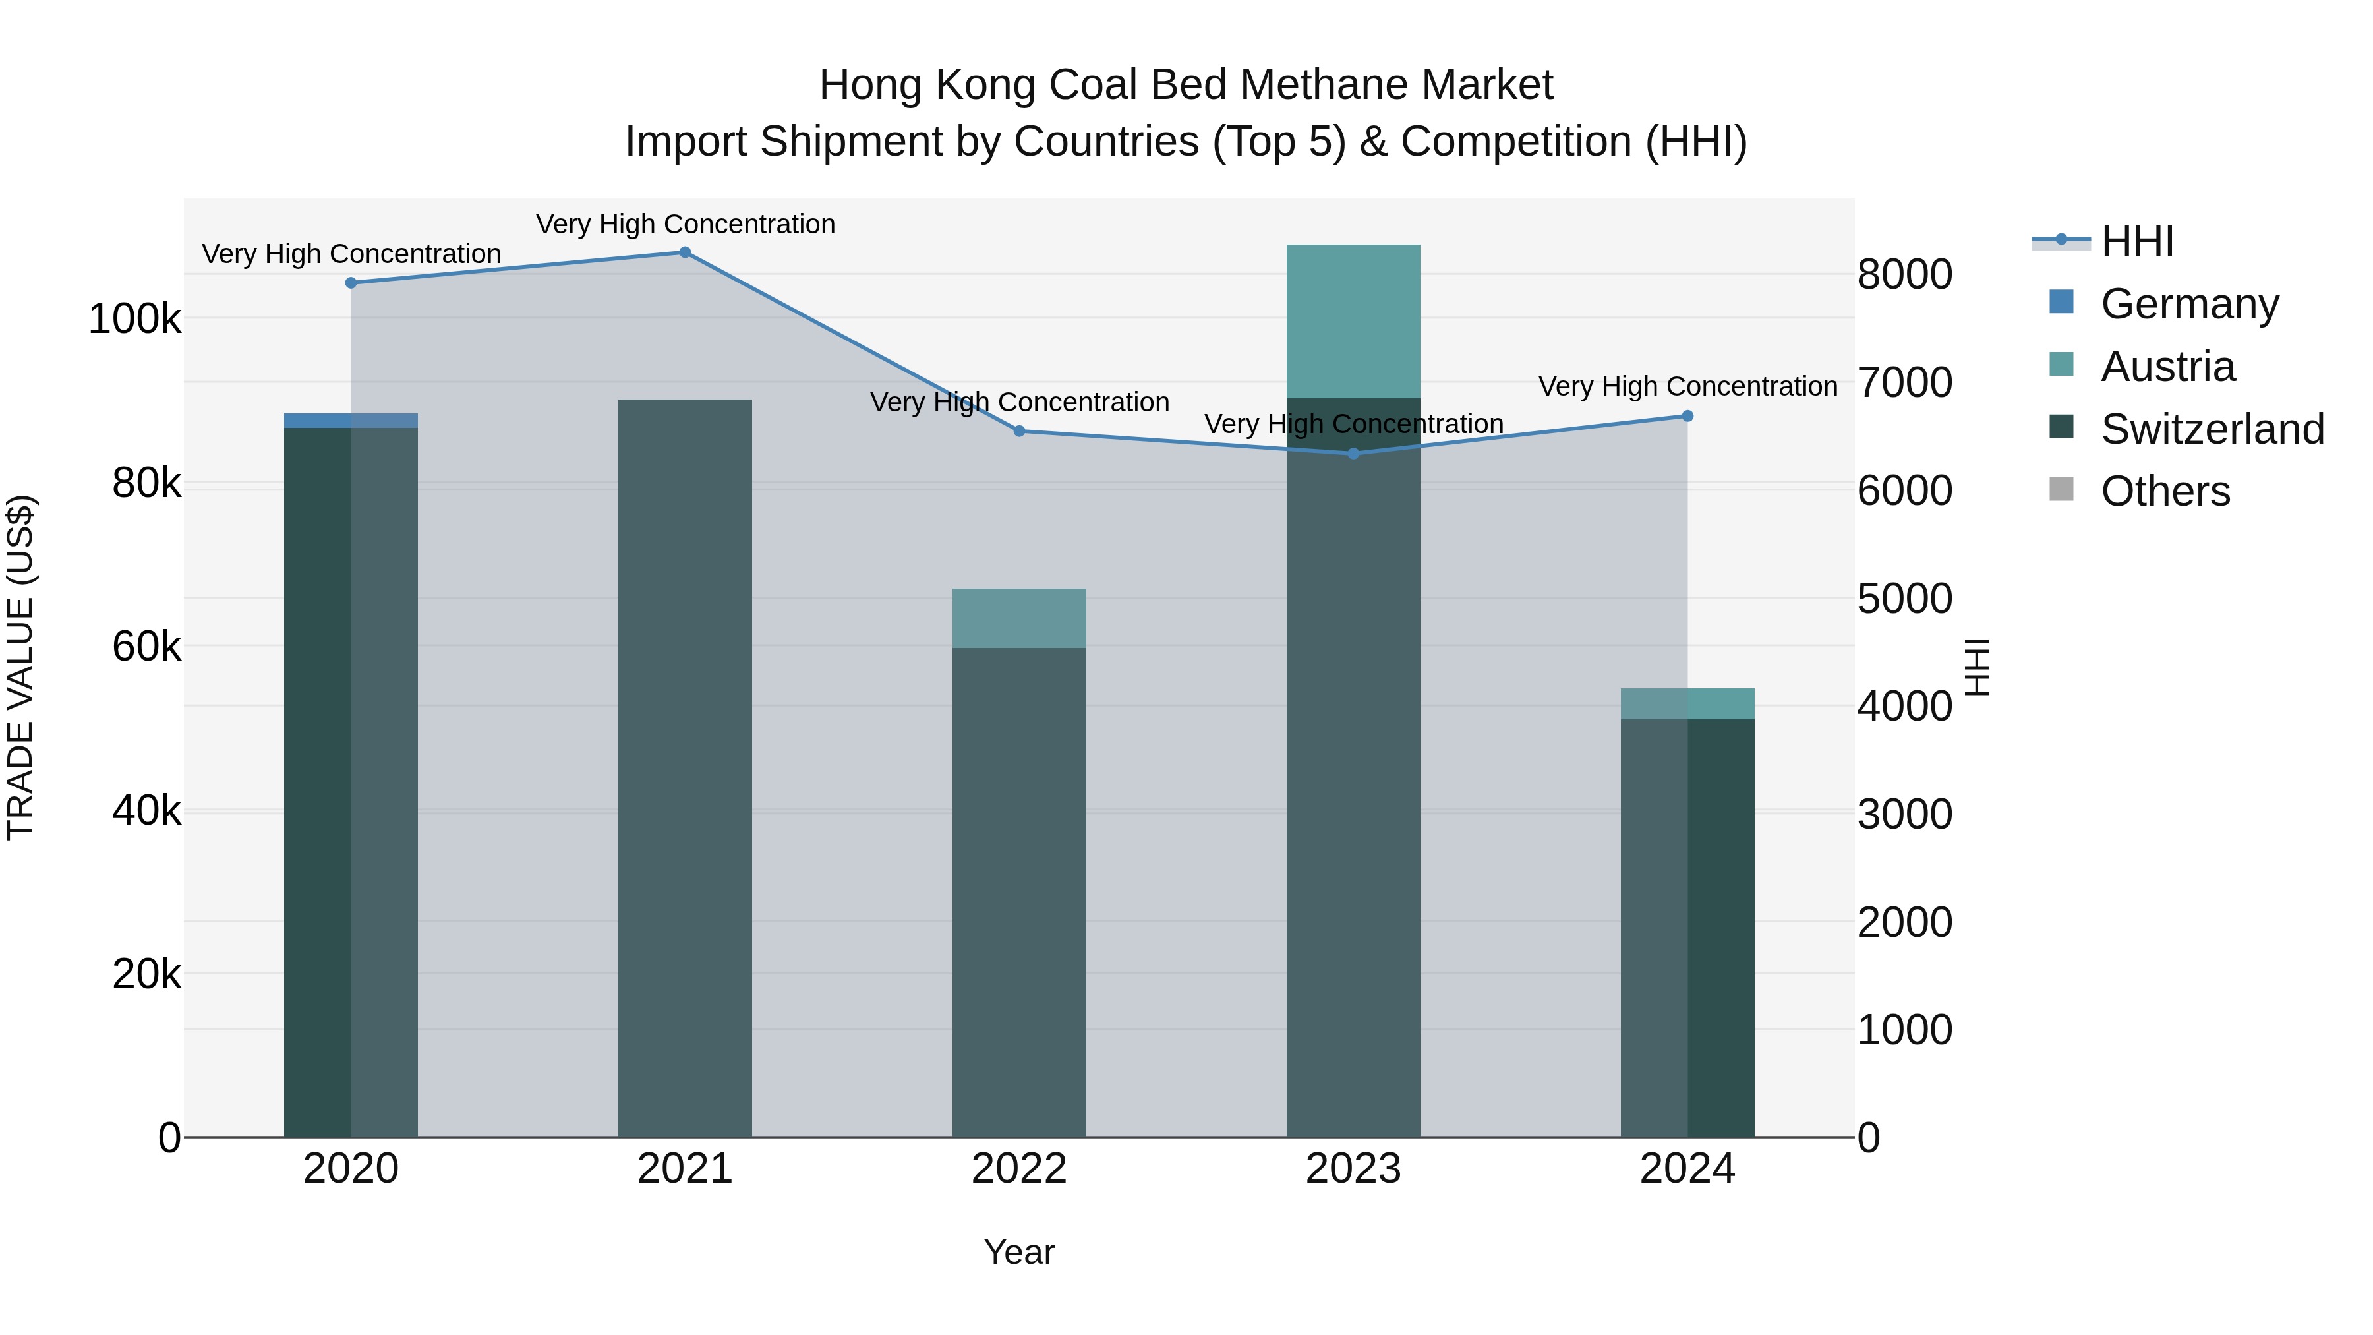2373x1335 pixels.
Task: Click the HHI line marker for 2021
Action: [684, 252]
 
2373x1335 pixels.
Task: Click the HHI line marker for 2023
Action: [1353, 454]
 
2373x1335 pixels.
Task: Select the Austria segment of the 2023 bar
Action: [1353, 320]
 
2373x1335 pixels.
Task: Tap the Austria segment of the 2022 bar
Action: [1019, 618]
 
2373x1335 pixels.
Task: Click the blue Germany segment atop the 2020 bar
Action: [350, 420]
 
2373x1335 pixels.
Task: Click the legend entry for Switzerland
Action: [2211, 429]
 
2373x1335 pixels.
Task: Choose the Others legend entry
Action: [2164, 492]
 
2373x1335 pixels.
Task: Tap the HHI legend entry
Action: [2136, 241]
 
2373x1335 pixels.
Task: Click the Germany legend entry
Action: [2188, 304]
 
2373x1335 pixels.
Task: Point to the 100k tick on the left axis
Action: [134, 320]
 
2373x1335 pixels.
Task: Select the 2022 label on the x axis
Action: [1019, 1169]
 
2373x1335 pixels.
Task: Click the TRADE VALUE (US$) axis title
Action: [20, 667]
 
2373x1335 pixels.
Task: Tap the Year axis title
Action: [1019, 1252]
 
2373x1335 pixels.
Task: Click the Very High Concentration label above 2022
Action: [1019, 403]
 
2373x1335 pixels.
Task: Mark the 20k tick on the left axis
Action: [146, 974]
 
